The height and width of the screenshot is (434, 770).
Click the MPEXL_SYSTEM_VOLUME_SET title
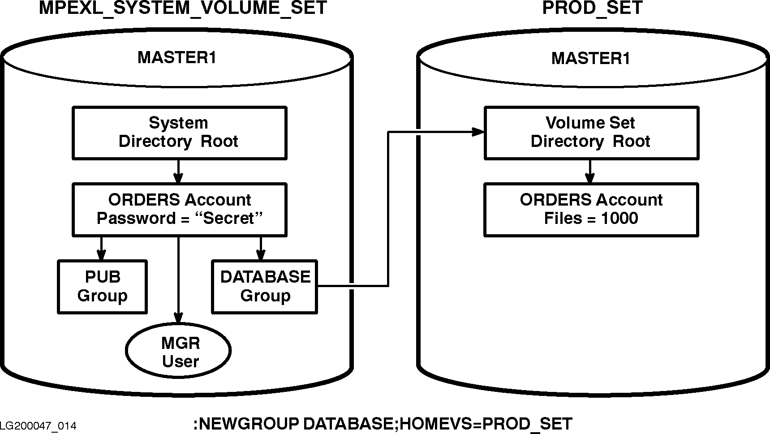[183, 8]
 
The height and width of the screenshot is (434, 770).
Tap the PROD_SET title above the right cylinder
[592, 8]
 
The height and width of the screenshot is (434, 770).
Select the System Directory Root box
[179, 133]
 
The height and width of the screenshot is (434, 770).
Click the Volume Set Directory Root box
[591, 133]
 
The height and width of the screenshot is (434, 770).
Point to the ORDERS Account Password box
[179, 209]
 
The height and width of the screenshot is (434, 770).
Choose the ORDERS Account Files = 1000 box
[591, 209]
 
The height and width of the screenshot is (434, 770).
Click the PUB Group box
[103, 287]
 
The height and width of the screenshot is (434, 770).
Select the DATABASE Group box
[265, 287]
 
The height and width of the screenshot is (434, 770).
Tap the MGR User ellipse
[179, 352]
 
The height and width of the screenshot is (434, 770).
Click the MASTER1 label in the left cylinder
[177, 58]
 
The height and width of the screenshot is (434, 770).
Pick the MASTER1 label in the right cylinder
[591, 58]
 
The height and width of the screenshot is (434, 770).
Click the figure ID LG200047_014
[38, 426]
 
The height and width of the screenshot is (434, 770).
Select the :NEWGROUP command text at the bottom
[383, 424]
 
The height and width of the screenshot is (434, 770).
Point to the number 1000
[619, 219]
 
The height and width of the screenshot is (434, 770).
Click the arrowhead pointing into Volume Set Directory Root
[479, 132]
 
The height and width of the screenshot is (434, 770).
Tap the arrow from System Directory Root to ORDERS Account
[179, 172]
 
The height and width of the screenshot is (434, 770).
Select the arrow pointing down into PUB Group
[102, 249]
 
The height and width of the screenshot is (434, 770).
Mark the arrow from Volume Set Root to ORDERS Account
[590, 172]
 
